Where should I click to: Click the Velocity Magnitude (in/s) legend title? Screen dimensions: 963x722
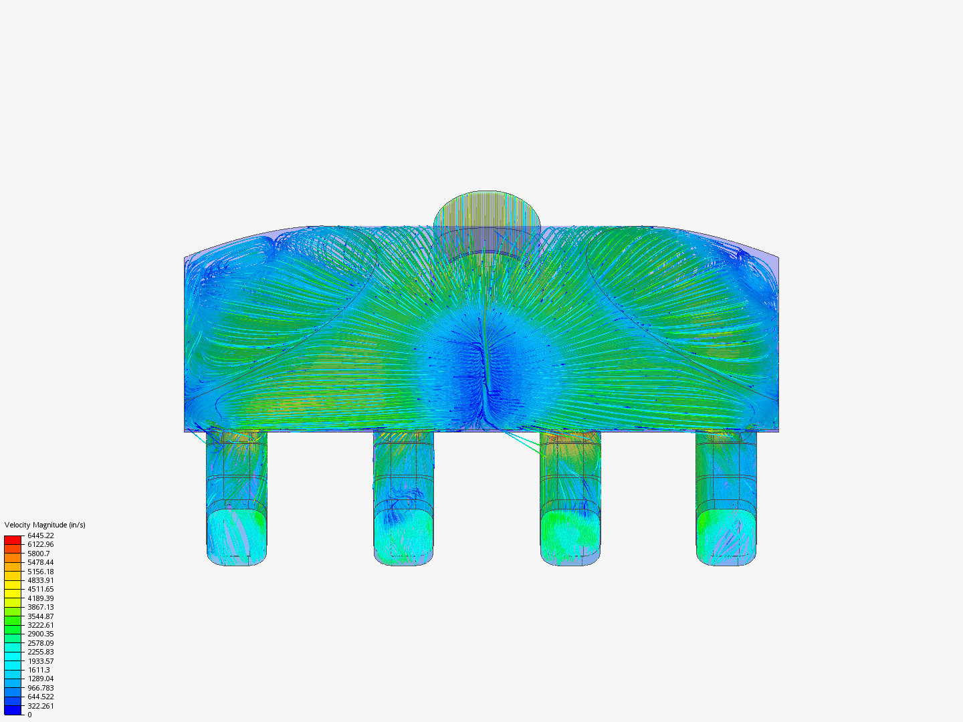(x=45, y=525)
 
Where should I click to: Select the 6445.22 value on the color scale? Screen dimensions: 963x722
(x=41, y=535)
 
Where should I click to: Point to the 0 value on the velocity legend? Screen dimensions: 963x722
(x=29, y=715)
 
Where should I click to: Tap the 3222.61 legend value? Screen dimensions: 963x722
(x=41, y=625)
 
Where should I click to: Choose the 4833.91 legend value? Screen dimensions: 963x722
(x=41, y=580)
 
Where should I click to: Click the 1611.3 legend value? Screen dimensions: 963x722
(x=39, y=670)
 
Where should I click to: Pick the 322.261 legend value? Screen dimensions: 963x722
(x=41, y=706)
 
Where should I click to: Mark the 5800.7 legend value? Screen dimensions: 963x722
(x=39, y=554)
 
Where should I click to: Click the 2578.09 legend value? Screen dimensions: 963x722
(x=41, y=643)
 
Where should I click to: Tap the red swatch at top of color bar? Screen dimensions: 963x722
(x=13, y=539)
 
